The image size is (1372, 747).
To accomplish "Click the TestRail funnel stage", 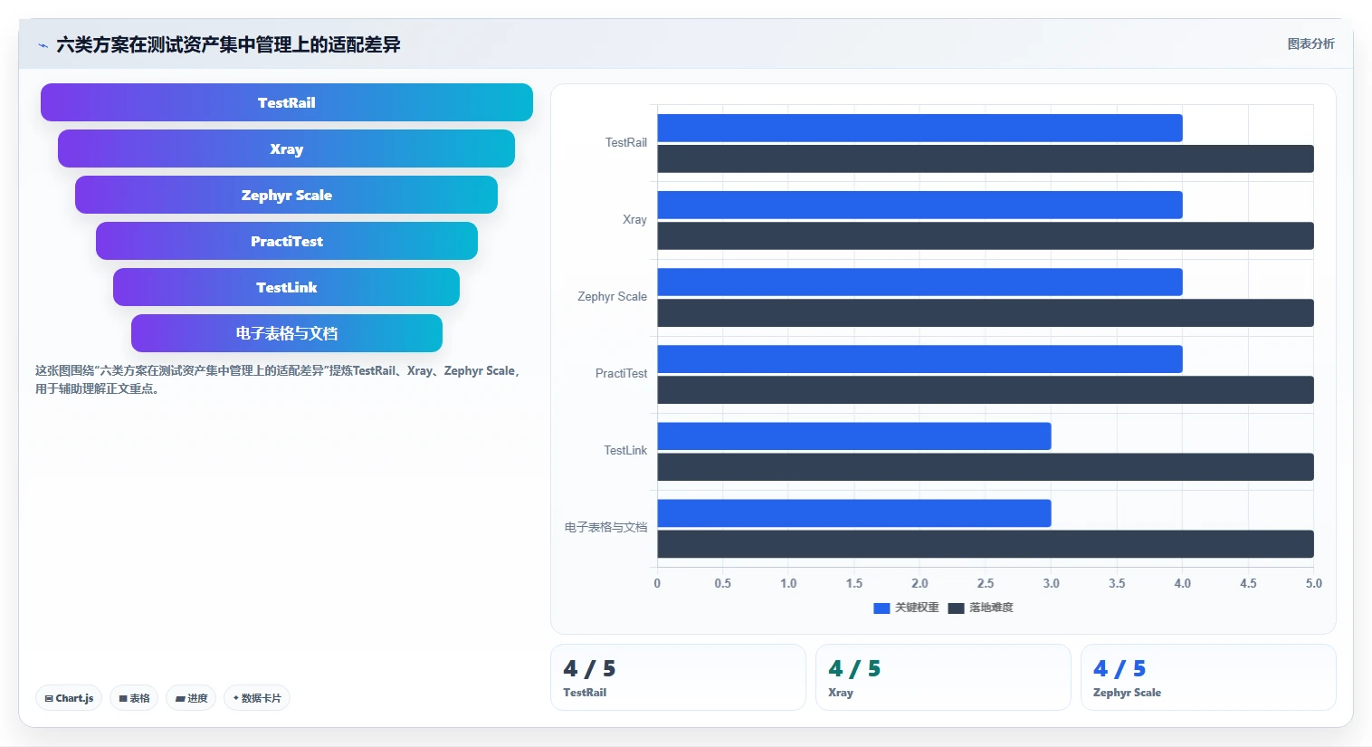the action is click(x=287, y=102).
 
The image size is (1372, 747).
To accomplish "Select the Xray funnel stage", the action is click(x=287, y=148).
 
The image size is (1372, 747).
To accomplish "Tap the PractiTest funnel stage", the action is click(x=287, y=241).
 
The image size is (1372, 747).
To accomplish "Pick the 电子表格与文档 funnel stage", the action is click(x=287, y=333).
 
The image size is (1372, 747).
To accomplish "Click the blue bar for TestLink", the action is click(x=854, y=436).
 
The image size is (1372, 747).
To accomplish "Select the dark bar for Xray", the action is click(x=986, y=236).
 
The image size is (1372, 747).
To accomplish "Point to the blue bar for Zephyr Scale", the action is click(x=920, y=282).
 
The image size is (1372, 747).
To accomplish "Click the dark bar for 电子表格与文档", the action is click(x=986, y=544).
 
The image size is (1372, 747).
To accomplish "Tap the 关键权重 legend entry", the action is click(x=906, y=608).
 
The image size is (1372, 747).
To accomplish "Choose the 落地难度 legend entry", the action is click(x=981, y=608).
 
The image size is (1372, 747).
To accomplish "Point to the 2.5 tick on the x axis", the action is click(x=986, y=583).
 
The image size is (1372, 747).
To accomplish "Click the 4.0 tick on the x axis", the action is click(x=1183, y=583).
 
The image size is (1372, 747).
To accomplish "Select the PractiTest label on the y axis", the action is click(x=621, y=373).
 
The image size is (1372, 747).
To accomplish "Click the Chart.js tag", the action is click(x=69, y=698).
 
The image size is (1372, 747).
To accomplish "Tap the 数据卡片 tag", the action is click(x=257, y=698).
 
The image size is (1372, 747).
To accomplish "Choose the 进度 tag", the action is click(x=191, y=698).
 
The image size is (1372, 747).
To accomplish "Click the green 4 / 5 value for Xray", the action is click(x=854, y=668).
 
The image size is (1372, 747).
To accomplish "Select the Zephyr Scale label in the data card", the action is click(x=1127, y=693).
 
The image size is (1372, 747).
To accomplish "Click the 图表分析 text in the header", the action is click(x=1310, y=44).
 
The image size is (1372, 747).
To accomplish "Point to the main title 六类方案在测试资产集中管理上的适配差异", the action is click(x=228, y=44).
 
